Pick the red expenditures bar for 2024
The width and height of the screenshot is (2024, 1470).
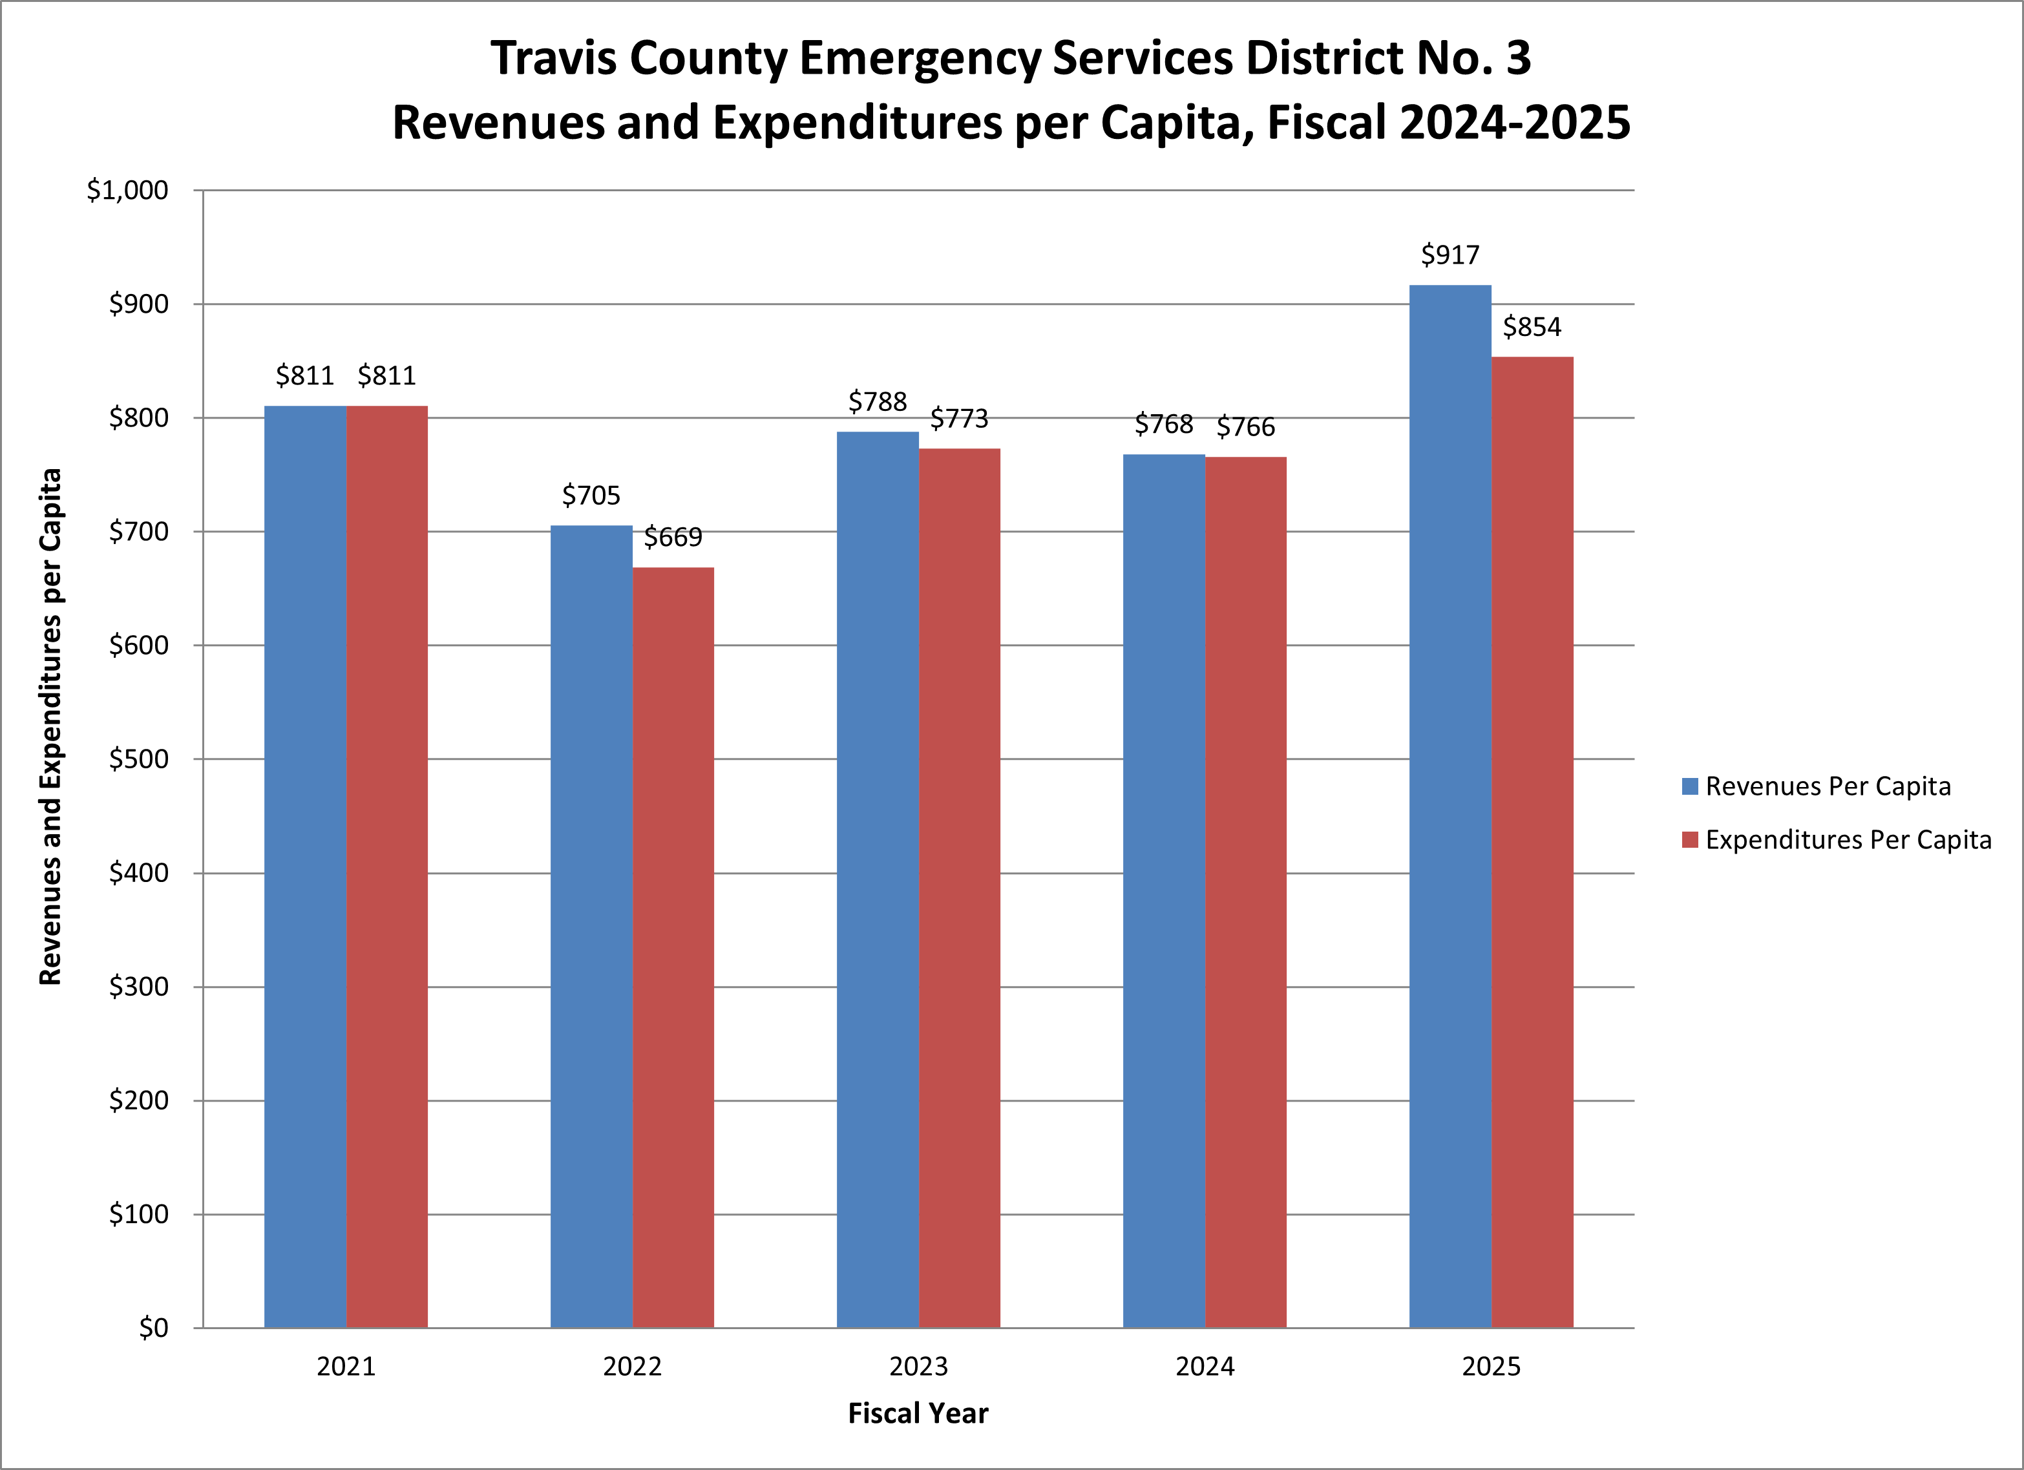tap(1246, 892)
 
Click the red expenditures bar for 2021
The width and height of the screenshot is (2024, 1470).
tap(386, 866)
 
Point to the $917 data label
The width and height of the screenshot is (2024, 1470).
tap(1450, 255)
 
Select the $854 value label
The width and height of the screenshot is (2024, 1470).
tap(1532, 328)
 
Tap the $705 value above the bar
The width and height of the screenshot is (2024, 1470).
tap(591, 496)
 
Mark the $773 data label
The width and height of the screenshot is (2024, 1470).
tap(960, 419)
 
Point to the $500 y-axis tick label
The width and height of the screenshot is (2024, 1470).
tap(138, 759)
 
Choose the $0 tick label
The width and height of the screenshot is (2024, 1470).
tap(154, 1328)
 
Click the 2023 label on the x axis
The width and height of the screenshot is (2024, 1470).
tap(918, 1367)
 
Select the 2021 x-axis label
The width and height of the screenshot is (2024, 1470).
tap(346, 1367)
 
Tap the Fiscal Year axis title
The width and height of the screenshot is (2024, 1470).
tap(918, 1414)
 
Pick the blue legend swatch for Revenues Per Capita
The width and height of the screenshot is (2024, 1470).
tap(1689, 786)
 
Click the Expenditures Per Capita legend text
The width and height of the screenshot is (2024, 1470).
tap(1848, 840)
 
